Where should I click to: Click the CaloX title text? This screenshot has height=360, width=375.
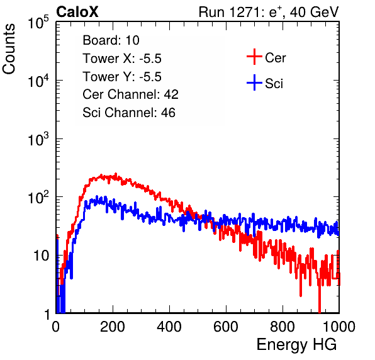pos(77,12)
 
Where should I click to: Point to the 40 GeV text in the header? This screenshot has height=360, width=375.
pos(314,13)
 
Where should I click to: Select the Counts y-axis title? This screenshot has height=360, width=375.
pos(9,49)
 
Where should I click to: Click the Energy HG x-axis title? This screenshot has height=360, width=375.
pos(296,345)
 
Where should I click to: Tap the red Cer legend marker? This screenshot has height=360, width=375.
pos(254,57)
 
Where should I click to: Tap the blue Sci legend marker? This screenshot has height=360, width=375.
pos(254,83)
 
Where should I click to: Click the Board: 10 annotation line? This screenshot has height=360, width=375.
pos(111,40)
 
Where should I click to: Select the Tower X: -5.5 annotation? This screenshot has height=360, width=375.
pos(122,59)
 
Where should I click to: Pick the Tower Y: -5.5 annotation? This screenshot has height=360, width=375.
pos(122,77)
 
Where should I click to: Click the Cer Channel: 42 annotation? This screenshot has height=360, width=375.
pos(131,94)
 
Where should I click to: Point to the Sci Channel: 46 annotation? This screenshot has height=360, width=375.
pos(129,113)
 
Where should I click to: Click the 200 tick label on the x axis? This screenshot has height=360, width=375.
pos(113,327)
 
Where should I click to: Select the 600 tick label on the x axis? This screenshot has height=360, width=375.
pos(226,327)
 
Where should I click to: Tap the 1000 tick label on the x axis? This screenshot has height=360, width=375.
pos(339,327)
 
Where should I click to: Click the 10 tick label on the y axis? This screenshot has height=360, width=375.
pos(42,256)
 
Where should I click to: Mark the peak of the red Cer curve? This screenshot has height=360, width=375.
pos(116,174)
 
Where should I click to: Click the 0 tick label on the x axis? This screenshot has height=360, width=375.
pos(56,327)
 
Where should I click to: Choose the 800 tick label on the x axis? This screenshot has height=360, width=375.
pos(283,327)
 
